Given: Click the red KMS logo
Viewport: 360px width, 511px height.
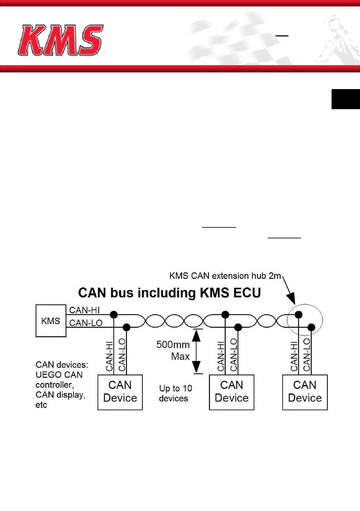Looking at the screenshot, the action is pos(60,40).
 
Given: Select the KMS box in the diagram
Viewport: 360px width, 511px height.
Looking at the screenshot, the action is pos(51,321).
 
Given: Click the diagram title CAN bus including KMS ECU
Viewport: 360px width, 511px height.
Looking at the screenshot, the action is pos(169,293).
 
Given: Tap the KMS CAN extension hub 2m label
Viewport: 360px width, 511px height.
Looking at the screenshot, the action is pos(225,276).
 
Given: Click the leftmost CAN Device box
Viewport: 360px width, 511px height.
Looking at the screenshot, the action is pos(120,392).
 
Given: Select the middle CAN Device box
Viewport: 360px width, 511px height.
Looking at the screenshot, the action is pos(232,392).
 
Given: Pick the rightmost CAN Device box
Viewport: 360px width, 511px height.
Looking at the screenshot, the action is pos(305,392).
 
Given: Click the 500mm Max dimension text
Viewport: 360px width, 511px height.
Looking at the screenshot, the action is pos(173,351).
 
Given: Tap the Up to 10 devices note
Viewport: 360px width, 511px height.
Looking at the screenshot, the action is pos(175,393).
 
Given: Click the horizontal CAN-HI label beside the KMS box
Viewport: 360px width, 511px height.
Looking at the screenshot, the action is pos(85,310).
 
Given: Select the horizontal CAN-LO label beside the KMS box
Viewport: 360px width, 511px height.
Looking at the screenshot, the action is pos(86,323).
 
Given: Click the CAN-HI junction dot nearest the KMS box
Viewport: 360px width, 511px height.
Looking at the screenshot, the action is pos(114,315).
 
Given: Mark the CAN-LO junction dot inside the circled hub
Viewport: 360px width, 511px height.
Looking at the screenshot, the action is pos(311,328).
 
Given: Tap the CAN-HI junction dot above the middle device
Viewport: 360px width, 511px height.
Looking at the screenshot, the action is pos(225,315).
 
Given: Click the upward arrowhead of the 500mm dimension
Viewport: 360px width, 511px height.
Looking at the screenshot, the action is pos(196,335).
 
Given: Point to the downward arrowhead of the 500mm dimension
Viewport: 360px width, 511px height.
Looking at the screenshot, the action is pos(196,367).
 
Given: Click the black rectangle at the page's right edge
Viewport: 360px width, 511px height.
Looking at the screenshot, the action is pos(346,99).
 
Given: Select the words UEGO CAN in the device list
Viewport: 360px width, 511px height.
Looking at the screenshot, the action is pos(59,375).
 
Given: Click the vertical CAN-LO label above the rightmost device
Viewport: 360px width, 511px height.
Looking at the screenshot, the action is pos(307,355).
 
